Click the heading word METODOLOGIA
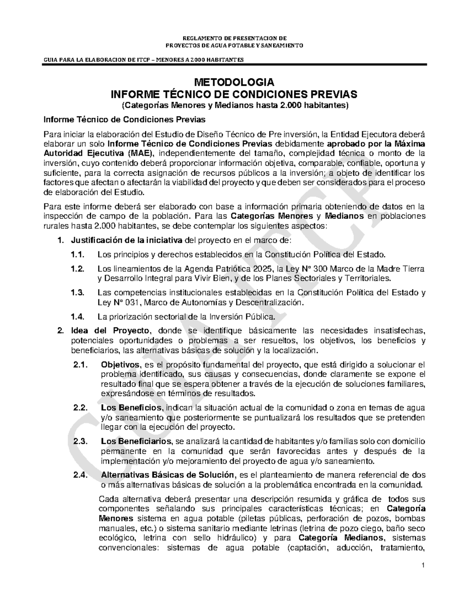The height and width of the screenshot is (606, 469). pos(234,83)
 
